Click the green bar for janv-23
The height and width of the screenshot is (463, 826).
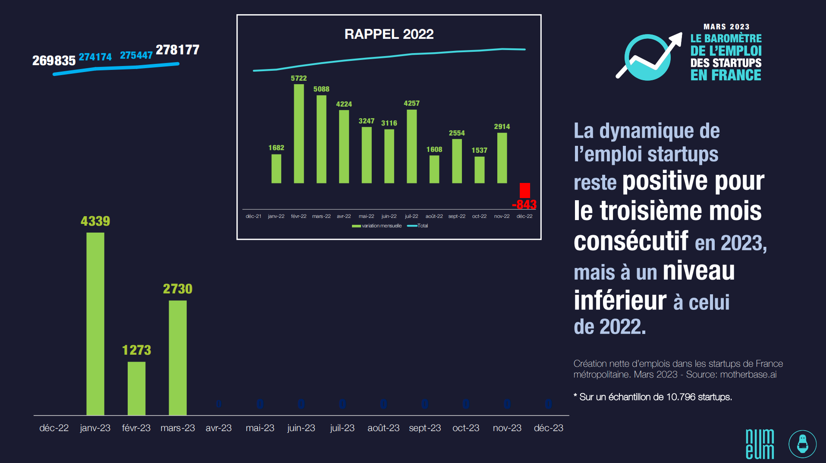point(95,324)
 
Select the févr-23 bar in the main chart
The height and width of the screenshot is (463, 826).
point(136,388)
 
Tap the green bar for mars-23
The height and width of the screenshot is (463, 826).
point(178,358)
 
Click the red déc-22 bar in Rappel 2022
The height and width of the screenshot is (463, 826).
point(524,190)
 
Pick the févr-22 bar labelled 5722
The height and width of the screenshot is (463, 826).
point(298,134)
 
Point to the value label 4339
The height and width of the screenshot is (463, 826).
point(95,221)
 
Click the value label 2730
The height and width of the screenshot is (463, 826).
point(178,289)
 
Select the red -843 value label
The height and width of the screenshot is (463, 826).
point(524,205)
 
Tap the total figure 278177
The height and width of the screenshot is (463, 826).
point(177,50)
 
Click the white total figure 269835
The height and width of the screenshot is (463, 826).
point(54,61)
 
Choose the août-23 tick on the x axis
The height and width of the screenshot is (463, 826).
point(383,428)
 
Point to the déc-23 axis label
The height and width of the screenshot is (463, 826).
point(548,428)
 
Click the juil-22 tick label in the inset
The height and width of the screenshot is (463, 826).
point(411,216)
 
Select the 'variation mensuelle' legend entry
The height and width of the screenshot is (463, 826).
point(377,226)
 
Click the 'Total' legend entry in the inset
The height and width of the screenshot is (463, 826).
point(418,226)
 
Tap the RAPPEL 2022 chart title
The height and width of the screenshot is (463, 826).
point(389,34)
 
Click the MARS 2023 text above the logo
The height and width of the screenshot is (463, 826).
point(726,27)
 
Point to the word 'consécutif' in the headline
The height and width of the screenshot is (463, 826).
point(631,241)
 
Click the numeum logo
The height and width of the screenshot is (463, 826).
point(760,444)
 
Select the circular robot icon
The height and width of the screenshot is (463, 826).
point(802,444)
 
